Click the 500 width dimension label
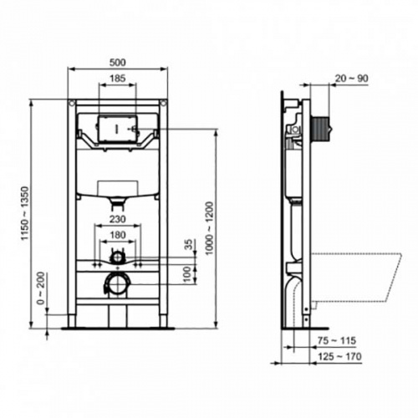point(117,61)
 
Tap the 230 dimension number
point(117,221)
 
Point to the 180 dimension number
point(117,235)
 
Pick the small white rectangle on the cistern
point(117,186)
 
